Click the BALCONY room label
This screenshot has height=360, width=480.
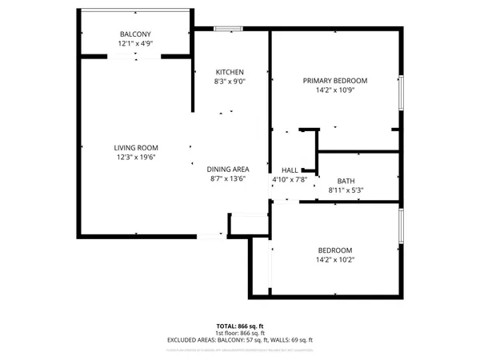click(135, 34)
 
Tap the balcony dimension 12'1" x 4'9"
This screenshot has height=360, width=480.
click(135, 44)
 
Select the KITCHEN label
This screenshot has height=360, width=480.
click(229, 72)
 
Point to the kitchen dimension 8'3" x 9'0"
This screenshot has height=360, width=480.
click(229, 82)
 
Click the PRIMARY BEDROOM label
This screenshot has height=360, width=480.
click(334, 81)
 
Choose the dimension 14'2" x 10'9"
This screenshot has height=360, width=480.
click(334, 90)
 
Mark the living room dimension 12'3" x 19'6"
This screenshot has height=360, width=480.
click(135, 158)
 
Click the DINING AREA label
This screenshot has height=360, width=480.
click(229, 169)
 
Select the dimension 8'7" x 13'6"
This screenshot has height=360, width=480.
click(229, 178)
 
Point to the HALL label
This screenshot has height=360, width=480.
click(290, 170)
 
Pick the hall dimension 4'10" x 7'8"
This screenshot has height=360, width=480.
click(290, 179)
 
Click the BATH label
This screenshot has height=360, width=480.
click(346, 181)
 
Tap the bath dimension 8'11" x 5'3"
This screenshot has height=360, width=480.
click(346, 190)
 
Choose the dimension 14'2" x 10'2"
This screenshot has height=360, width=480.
click(334, 259)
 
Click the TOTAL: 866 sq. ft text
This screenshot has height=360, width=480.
click(241, 326)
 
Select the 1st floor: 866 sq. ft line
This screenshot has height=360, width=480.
click(241, 333)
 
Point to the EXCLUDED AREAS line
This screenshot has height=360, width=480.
click(241, 340)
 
